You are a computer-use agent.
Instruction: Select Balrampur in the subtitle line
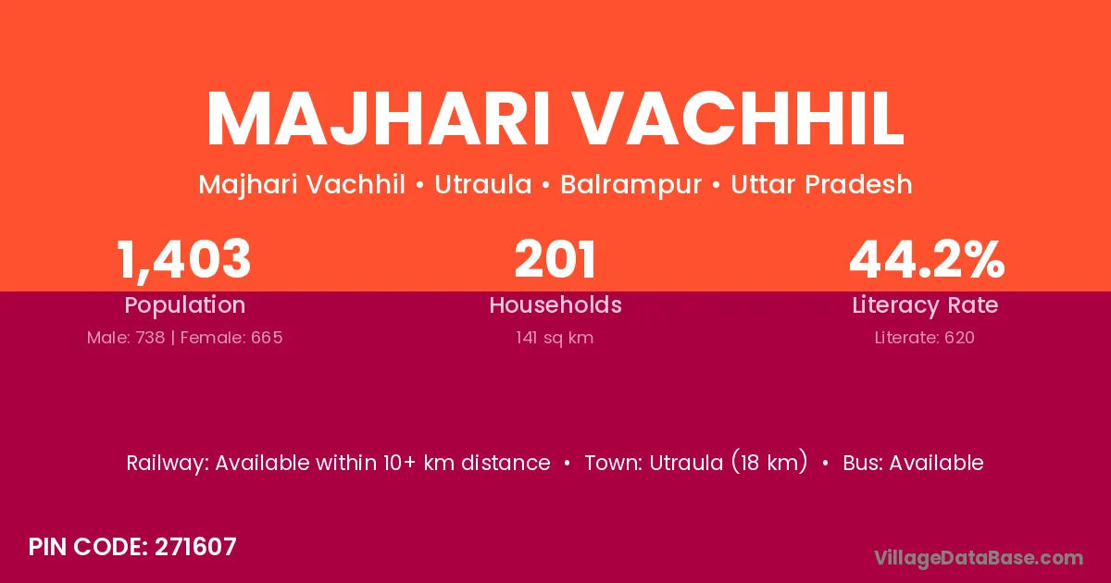click(x=630, y=184)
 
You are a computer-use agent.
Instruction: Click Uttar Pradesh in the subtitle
click(x=821, y=184)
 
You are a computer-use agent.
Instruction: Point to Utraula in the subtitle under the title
click(x=483, y=184)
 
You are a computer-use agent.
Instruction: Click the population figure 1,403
click(x=183, y=260)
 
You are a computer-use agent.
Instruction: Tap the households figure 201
click(x=555, y=259)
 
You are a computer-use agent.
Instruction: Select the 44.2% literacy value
click(x=927, y=259)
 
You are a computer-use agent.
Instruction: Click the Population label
click(x=185, y=305)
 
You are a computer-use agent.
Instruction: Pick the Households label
click(x=555, y=304)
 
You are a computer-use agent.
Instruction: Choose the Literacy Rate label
click(x=925, y=305)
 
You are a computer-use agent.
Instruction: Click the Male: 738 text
click(x=126, y=338)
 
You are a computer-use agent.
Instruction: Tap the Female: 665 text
click(x=231, y=338)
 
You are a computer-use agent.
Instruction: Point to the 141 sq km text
click(x=555, y=338)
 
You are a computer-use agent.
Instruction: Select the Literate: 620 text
click(x=925, y=338)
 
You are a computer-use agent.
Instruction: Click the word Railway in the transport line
click(x=168, y=464)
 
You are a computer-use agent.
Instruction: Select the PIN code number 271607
click(x=195, y=547)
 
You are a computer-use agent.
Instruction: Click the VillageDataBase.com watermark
click(x=979, y=558)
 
